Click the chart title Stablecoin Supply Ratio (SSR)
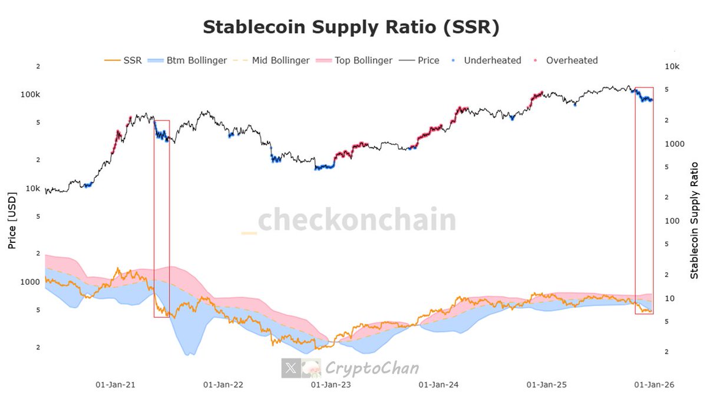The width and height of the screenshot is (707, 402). (x=351, y=27)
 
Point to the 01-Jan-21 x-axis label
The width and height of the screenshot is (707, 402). (x=115, y=385)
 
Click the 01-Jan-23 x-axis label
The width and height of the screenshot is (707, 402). (x=331, y=385)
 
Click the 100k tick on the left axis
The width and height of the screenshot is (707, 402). (x=30, y=94)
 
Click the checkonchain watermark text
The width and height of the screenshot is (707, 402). (x=357, y=220)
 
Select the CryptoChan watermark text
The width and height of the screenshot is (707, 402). (x=372, y=369)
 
